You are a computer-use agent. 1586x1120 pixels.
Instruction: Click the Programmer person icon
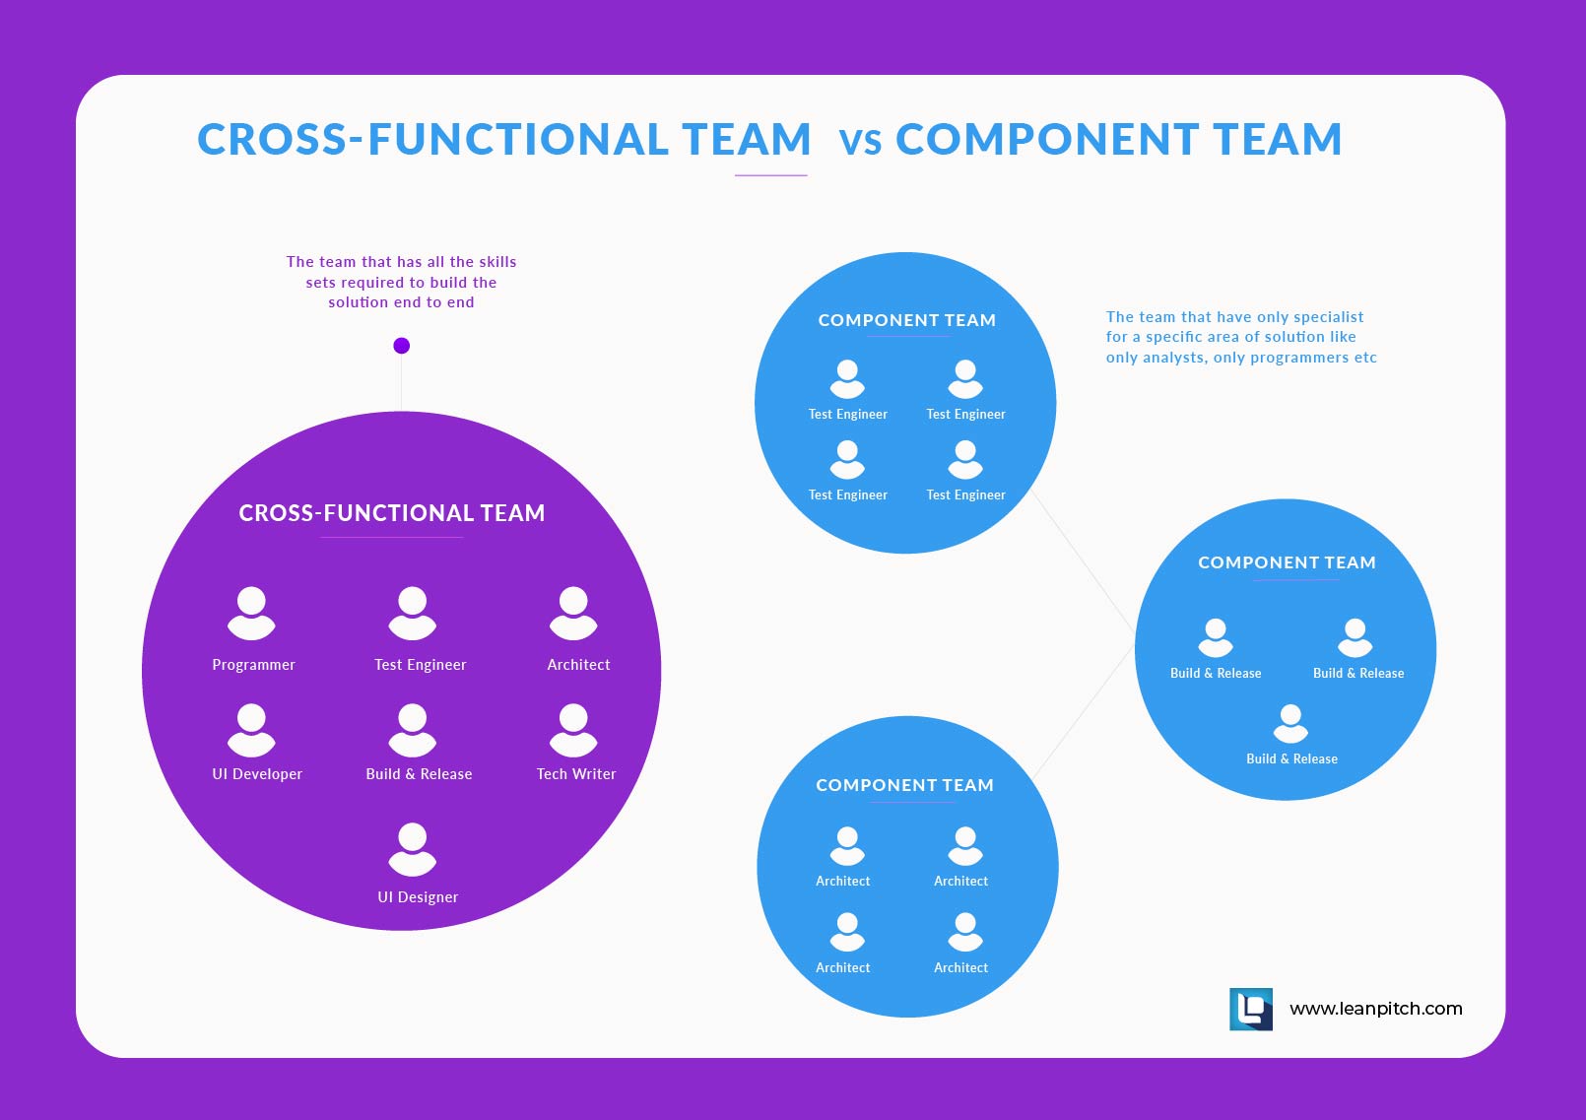tap(251, 613)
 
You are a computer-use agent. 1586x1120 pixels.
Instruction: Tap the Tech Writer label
tap(576, 774)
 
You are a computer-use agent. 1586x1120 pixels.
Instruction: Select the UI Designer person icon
tap(412, 849)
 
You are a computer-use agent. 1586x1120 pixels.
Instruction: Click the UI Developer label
tap(257, 774)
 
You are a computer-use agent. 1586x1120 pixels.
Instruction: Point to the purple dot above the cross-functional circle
tap(401, 346)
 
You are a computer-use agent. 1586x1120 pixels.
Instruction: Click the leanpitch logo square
tap(1251, 1010)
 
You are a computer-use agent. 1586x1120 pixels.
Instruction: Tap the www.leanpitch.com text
tap(1375, 1009)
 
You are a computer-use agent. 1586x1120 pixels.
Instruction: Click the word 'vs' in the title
tap(860, 141)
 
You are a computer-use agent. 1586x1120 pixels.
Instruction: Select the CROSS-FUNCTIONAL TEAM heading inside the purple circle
tap(392, 513)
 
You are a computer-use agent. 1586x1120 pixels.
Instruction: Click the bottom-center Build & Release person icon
tap(1290, 723)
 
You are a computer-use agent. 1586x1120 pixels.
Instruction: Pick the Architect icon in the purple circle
tap(573, 613)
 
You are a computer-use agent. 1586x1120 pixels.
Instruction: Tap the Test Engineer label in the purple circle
tap(421, 665)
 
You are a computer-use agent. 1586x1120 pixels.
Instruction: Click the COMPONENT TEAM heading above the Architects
tap(904, 785)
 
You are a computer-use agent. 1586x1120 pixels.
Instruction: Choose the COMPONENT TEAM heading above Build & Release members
tap(1287, 562)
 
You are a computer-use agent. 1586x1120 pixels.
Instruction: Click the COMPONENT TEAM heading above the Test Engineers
tap(907, 320)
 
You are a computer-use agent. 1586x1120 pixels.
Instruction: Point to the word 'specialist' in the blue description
tap(1326, 317)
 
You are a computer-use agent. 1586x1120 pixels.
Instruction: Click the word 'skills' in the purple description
tap(497, 262)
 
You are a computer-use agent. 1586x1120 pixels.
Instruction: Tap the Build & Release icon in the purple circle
tap(412, 730)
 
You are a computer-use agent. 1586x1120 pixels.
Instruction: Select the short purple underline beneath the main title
tap(771, 175)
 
